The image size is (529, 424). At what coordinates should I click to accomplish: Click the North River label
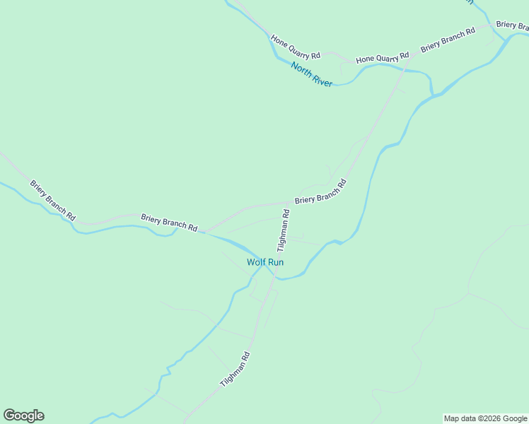click(311, 74)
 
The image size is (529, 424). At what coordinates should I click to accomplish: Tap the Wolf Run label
click(265, 262)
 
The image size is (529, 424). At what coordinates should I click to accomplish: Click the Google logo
click(23, 416)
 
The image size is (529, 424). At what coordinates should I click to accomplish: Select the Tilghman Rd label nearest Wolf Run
click(283, 230)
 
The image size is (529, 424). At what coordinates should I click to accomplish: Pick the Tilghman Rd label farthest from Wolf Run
click(236, 370)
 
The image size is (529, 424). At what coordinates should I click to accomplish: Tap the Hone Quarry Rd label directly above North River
click(296, 45)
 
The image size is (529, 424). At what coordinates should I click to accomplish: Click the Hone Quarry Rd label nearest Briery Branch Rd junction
click(382, 57)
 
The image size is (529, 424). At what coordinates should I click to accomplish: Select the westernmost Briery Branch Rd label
click(52, 200)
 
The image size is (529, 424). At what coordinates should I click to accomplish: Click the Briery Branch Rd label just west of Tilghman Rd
click(168, 222)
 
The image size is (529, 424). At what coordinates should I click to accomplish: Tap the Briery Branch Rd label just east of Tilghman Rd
click(320, 192)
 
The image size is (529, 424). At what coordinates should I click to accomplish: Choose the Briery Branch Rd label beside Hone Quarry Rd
click(448, 40)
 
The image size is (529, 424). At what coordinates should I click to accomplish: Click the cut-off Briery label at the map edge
click(512, 25)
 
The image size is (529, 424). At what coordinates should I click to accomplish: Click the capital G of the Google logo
click(10, 416)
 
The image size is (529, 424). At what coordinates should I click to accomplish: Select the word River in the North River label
click(321, 80)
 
